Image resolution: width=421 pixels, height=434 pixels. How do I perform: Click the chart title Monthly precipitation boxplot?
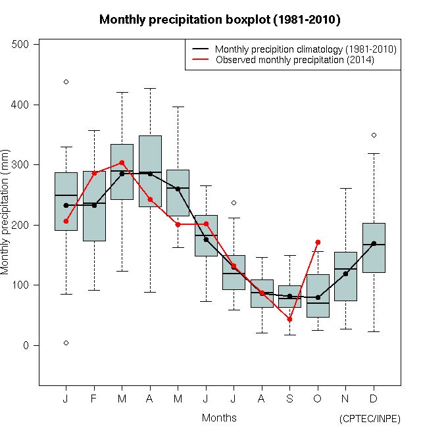(220, 20)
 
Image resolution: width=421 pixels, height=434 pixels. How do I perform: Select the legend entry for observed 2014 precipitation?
(295, 60)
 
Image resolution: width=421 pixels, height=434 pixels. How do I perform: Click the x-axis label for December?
(374, 399)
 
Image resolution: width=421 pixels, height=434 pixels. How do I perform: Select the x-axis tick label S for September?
(289, 399)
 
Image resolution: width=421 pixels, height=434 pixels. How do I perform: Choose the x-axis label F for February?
(94, 399)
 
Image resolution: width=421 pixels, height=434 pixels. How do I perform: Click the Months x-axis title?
(219, 418)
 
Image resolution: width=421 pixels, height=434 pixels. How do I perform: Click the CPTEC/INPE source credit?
(370, 419)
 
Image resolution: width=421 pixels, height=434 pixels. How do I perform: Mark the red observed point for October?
(318, 243)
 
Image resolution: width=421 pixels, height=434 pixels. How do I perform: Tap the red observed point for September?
(289, 320)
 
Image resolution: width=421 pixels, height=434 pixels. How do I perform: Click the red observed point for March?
(122, 162)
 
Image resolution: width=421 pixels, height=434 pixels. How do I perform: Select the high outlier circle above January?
(66, 82)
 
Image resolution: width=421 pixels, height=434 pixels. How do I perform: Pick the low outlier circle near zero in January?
(66, 343)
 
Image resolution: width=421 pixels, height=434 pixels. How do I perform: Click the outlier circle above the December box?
(374, 135)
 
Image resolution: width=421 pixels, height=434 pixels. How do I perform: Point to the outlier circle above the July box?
(234, 203)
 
